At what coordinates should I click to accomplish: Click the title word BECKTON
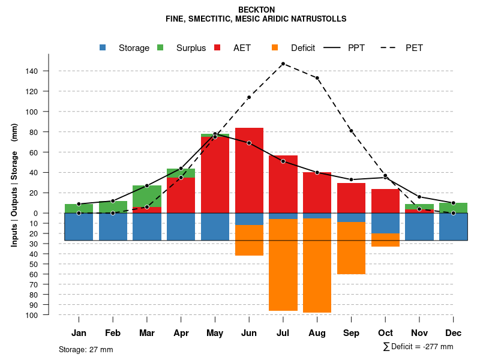256,10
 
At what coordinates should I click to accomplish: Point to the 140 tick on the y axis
31,71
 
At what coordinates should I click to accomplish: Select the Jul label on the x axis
283,333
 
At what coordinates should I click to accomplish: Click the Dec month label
454,333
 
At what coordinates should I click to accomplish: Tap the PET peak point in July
283,64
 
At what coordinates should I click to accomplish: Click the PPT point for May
215,134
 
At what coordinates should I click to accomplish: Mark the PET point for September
351,131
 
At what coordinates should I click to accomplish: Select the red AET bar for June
249,168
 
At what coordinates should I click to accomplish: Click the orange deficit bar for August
317,265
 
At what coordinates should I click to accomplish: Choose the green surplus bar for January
79,208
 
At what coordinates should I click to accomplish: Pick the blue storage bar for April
181,227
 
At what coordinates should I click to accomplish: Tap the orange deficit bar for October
385,240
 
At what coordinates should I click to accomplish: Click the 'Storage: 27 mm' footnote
86,349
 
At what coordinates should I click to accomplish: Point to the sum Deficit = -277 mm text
418,347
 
